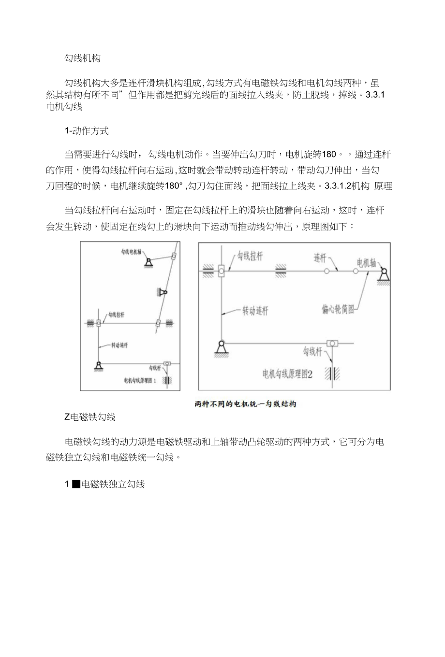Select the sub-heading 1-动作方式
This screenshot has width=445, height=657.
click(x=87, y=130)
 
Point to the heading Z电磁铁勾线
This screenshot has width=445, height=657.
click(x=90, y=417)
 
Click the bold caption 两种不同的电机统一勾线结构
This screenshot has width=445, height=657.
click(x=245, y=404)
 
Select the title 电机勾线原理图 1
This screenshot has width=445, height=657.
click(x=140, y=381)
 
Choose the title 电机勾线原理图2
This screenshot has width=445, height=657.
click(x=287, y=373)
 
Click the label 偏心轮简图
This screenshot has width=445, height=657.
click(x=338, y=309)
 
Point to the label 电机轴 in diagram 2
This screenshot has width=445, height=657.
click(x=366, y=263)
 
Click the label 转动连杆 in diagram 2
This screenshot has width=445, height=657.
click(x=255, y=311)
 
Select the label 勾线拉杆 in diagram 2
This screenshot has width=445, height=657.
click(x=250, y=257)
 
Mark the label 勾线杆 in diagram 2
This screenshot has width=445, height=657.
click(x=312, y=352)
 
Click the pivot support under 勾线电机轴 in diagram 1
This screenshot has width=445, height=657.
click(x=148, y=262)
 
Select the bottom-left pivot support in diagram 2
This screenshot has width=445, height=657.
click(x=221, y=348)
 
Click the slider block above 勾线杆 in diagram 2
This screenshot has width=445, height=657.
click(x=332, y=343)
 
